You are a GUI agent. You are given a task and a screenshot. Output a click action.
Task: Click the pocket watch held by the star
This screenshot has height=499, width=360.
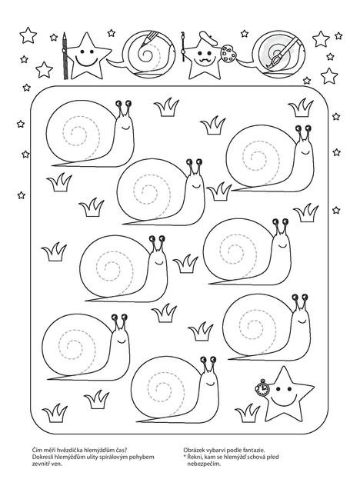pos(262,388)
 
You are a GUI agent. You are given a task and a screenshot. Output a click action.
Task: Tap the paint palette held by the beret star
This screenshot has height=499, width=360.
pos(228,54)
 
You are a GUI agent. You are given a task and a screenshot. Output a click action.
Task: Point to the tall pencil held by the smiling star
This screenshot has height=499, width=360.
pos(65,55)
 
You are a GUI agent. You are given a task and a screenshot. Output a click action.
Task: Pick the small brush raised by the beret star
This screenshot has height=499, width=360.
pos(183,47)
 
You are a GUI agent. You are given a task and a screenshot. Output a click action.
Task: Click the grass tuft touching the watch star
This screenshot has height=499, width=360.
pos(248,413)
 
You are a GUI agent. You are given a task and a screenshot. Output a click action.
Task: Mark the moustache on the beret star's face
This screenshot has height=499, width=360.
pos(203,60)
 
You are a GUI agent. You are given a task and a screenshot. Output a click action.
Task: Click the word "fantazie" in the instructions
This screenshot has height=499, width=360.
pos(255,450)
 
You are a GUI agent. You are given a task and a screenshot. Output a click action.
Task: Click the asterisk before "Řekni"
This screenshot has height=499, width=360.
pos(185,457)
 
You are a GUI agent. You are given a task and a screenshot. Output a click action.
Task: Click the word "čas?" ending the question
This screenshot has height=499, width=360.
pos(122,450)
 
